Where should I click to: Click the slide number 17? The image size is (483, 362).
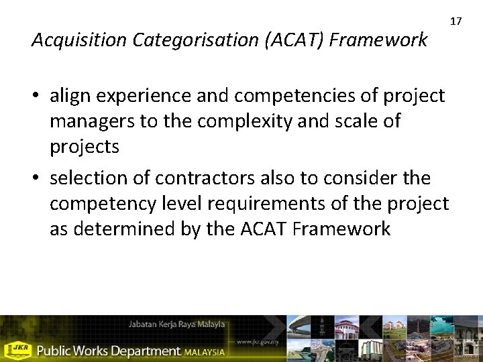tap(456, 21)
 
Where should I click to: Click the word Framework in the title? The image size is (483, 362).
tap(378, 41)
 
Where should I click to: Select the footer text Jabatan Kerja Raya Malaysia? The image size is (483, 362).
tap(176, 324)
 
